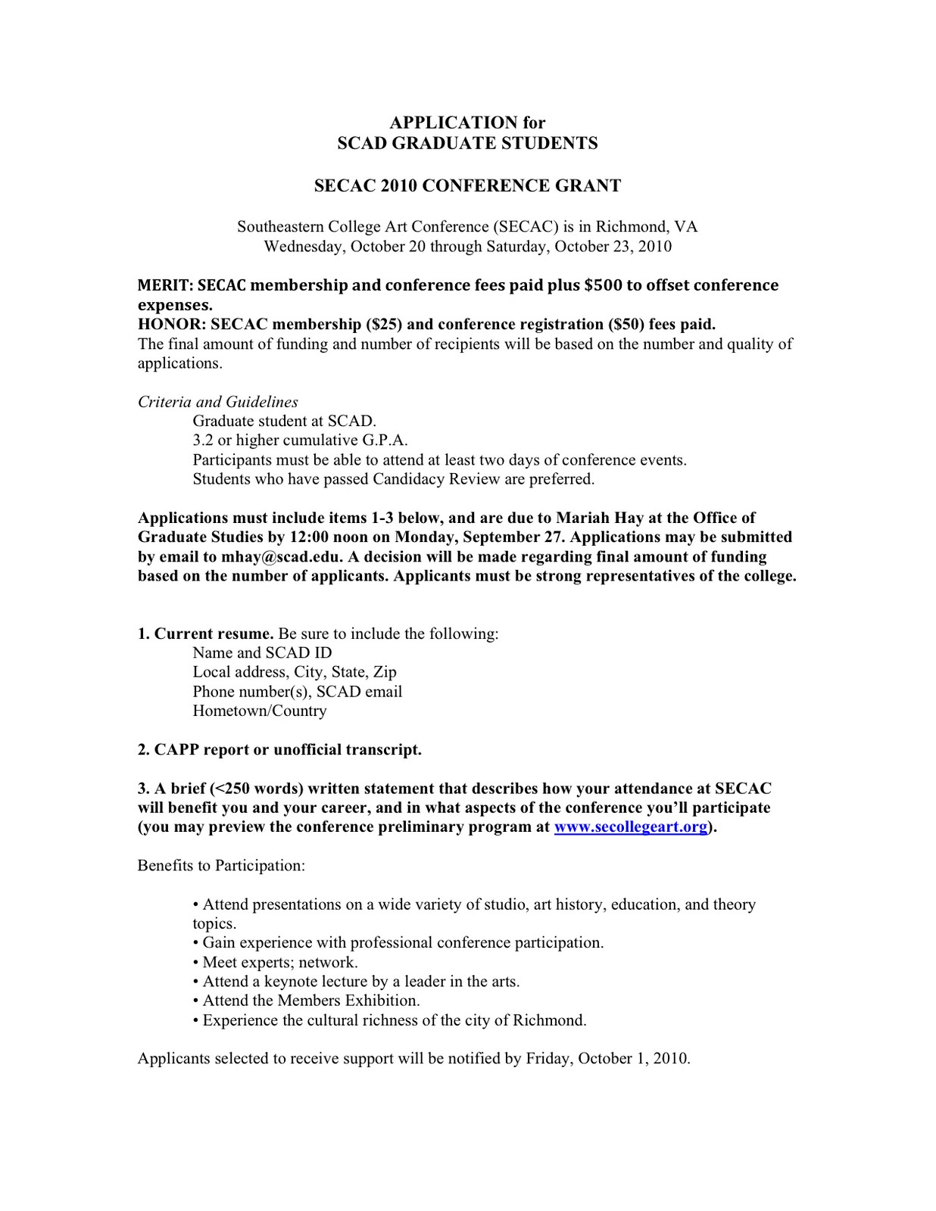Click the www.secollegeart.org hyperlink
pos(631,827)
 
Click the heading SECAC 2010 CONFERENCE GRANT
pos(467,186)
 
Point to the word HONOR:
pos(172,325)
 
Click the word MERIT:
pos(166,285)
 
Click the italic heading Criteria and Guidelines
pos(218,402)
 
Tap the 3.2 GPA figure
pos(203,441)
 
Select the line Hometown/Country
pos(260,711)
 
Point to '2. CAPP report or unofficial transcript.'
pos(279,750)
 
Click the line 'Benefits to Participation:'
pos(221,865)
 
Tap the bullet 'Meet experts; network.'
pos(279,962)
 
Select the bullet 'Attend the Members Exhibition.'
pos(310,1001)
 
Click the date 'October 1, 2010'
pos(632,1058)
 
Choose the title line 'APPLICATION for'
pos(467,123)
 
